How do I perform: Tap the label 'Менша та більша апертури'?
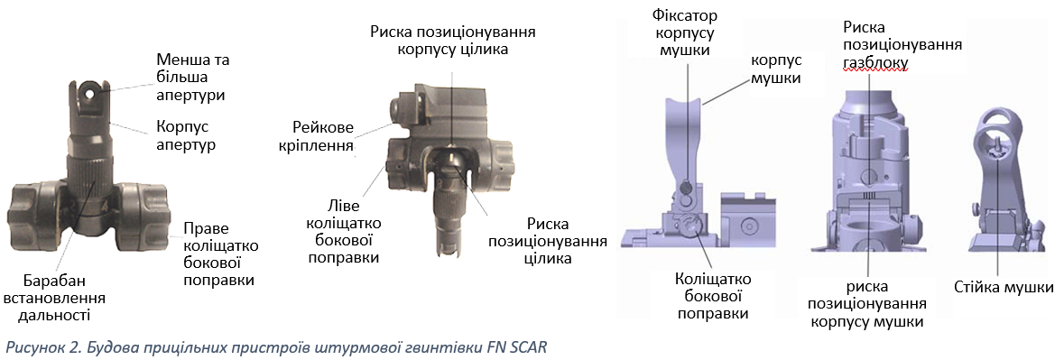coord(193,77)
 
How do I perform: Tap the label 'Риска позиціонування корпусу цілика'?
coord(453,40)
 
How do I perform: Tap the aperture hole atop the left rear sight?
coord(89,88)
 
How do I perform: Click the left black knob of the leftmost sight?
coord(34,208)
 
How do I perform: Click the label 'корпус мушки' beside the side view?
coord(774,69)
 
